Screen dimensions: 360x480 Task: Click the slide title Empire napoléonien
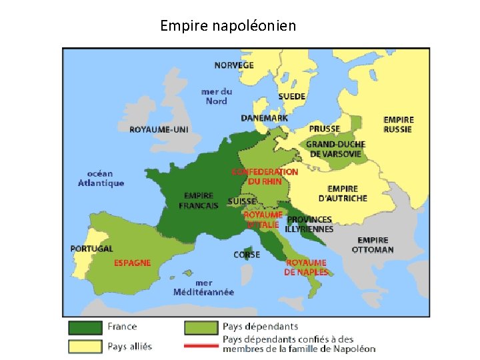click(228, 26)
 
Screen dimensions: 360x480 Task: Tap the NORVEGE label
click(233, 65)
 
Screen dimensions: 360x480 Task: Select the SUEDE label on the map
click(291, 96)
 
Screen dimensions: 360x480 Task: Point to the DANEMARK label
click(265, 118)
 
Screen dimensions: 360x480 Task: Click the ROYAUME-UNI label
click(159, 129)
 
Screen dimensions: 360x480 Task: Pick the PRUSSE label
click(324, 129)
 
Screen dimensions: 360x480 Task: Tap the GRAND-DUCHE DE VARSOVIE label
click(335, 149)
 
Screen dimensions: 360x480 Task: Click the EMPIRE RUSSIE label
click(398, 125)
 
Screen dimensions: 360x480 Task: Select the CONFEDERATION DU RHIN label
click(265, 176)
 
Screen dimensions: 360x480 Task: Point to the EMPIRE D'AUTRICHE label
click(343, 193)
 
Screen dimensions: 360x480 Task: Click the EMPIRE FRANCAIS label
click(199, 201)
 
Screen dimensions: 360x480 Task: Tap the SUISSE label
click(241, 201)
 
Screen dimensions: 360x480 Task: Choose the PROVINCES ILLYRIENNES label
click(309, 224)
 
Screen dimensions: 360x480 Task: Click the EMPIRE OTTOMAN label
click(373, 245)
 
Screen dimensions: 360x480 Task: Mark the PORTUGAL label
click(91, 249)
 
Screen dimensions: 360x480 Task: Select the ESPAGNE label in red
click(132, 263)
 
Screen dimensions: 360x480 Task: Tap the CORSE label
click(247, 255)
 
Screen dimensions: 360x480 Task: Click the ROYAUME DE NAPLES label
click(306, 267)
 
